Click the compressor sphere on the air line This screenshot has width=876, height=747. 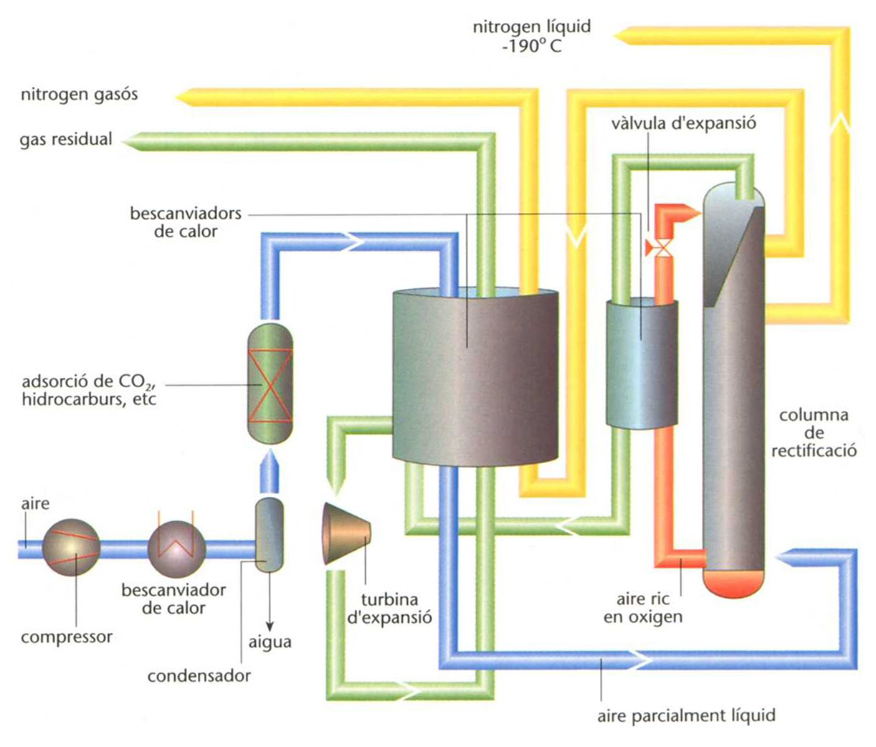pyautogui.click(x=70, y=548)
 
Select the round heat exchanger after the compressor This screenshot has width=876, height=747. pyautogui.click(x=176, y=548)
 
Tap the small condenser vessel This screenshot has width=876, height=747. pyautogui.click(x=270, y=536)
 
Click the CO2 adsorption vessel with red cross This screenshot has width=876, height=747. pyautogui.click(x=270, y=384)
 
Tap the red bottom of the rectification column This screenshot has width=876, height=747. pyautogui.click(x=733, y=582)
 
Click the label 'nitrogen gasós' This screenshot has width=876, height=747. pyautogui.click(x=79, y=94)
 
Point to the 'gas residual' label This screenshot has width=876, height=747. pyautogui.click(x=66, y=139)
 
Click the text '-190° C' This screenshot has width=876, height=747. pyautogui.click(x=532, y=47)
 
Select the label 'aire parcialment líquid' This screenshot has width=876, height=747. pyautogui.click(x=686, y=715)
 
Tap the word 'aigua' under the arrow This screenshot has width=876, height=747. pyautogui.click(x=270, y=642)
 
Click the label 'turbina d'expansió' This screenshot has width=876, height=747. pyautogui.click(x=390, y=608)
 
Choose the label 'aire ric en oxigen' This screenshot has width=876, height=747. pyautogui.click(x=642, y=608)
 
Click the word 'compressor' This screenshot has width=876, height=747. pyautogui.click(x=67, y=637)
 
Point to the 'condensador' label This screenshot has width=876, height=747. pyautogui.click(x=199, y=675)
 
